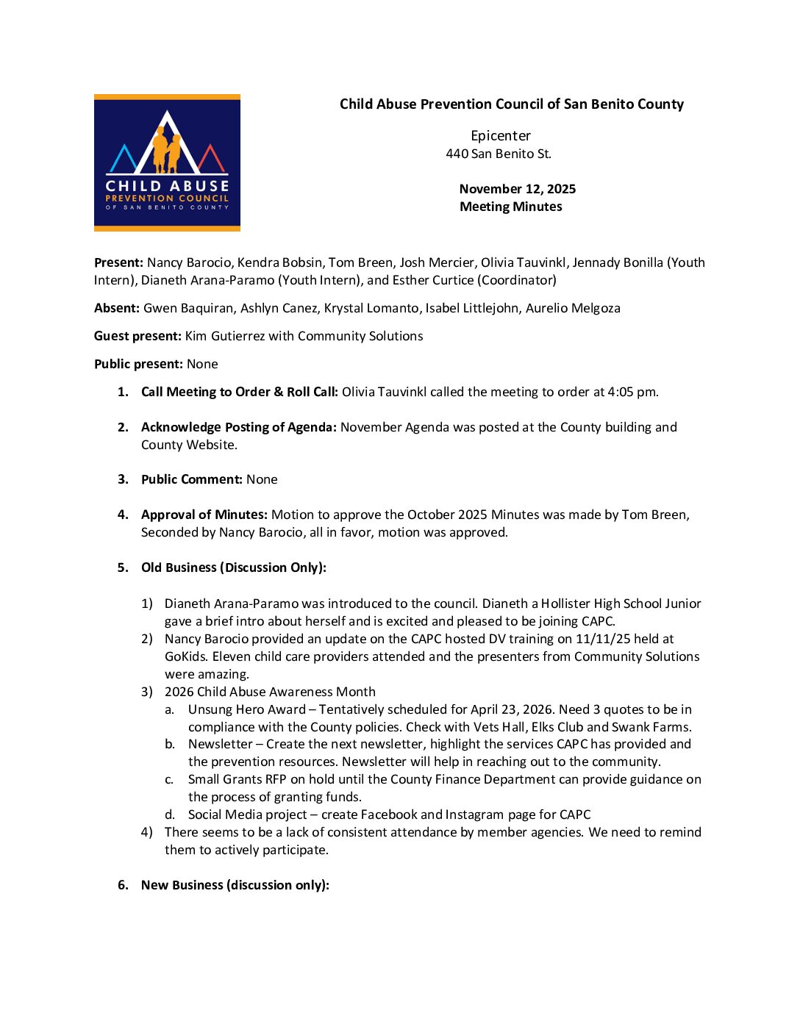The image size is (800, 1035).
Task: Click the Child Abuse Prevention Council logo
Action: point(167,163)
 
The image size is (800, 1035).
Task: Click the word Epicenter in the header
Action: point(501,136)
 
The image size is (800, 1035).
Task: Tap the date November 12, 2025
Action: point(517,189)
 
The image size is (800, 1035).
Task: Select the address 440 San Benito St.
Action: point(498,154)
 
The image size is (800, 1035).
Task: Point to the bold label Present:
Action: point(118,262)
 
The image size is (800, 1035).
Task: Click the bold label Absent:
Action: point(116,308)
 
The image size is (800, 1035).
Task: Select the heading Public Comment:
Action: point(192,479)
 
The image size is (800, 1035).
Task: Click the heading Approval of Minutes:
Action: point(204,515)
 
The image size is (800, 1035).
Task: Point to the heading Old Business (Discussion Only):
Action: point(234,567)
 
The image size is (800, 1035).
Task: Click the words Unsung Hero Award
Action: point(247,709)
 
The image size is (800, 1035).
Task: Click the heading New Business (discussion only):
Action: point(235,885)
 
